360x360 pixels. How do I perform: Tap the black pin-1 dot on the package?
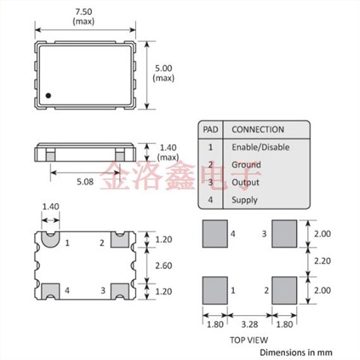[x=48, y=95]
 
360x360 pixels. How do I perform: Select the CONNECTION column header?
[x=257, y=129]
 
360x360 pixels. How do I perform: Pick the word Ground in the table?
[x=246, y=164]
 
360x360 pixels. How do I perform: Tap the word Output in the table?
[x=245, y=182]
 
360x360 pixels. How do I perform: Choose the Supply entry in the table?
[x=244, y=199]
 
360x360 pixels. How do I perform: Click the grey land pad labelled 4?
[x=214, y=233]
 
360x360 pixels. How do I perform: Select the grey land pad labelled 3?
[x=283, y=233]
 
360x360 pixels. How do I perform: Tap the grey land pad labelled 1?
[x=214, y=289]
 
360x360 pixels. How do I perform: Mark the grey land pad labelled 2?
[x=283, y=289]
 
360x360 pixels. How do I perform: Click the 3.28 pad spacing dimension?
[x=249, y=325]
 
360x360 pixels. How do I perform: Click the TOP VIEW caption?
[x=247, y=340]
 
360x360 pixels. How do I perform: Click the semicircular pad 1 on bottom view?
[x=50, y=240]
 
